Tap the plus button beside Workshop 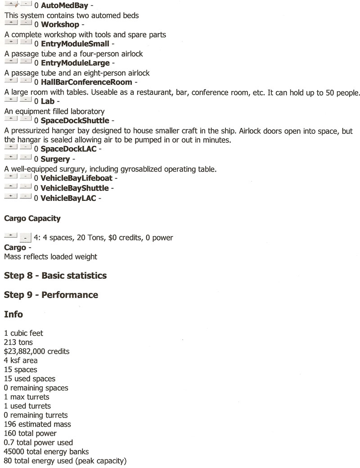click(11, 23)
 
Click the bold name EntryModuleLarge click(75, 63)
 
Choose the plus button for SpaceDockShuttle click(11, 119)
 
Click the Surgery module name click(55, 159)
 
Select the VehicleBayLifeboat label click(76, 178)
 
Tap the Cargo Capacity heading click(32, 218)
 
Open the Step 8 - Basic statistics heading click(55, 275)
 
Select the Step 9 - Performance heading click(51, 295)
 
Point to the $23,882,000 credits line click(36, 351)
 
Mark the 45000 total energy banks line click(46, 452)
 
